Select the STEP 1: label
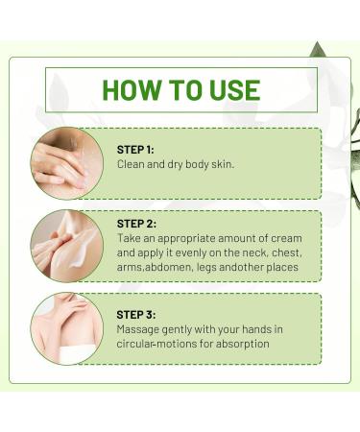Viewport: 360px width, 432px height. tap(135, 149)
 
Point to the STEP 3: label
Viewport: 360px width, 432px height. tap(135, 314)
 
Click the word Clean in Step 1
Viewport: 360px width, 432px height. tap(132, 164)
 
